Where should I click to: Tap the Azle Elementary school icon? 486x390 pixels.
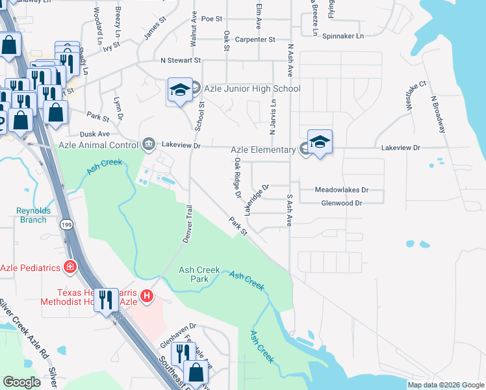click(x=319, y=142)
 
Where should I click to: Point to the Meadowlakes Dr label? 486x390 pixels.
click(x=341, y=190)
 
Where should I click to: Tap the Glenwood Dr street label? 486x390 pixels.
click(x=341, y=203)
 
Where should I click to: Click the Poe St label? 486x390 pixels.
click(x=212, y=19)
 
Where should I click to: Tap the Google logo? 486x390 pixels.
click(x=22, y=382)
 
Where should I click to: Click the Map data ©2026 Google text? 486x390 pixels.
click(x=445, y=385)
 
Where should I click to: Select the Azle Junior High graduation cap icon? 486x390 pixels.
click(x=179, y=90)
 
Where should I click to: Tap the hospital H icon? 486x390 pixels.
click(x=147, y=296)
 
